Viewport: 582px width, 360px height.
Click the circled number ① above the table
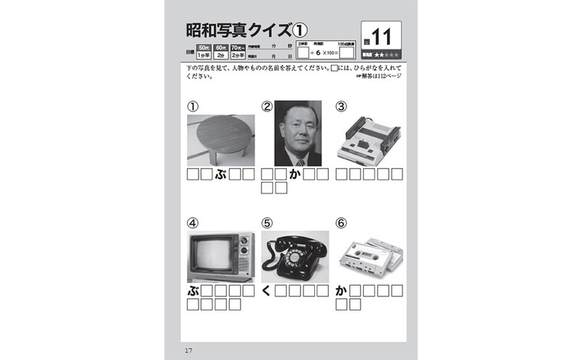pyautogui.click(x=193, y=106)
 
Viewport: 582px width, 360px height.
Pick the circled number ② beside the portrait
pyautogui.click(x=267, y=107)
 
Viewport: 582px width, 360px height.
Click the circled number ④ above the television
pyautogui.click(x=193, y=223)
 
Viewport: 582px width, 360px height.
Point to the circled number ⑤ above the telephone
pyautogui.click(x=267, y=223)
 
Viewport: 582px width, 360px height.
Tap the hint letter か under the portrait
pyautogui.click(x=295, y=175)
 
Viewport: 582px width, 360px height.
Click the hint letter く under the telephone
pyautogui.click(x=267, y=291)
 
